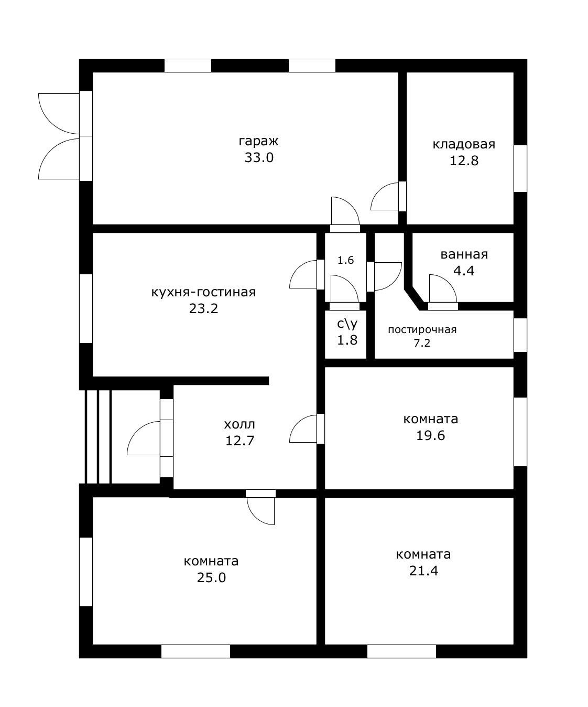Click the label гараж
pyautogui.click(x=258, y=141)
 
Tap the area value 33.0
pyautogui.click(x=259, y=158)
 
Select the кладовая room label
pyautogui.click(x=463, y=144)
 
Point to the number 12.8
pyautogui.click(x=464, y=161)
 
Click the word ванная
pyautogui.click(x=464, y=254)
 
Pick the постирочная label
pyautogui.click(x=422, y=329)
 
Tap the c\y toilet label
pyautogui.click(x=347, y=324)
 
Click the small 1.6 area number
pyautogui.click(x=346, y=260)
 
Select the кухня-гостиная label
pyautogui.click(x=203, y=292)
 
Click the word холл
pyautogui.click(x=239, y=424)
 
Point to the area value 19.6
pyautogui.click(x=430, y=435)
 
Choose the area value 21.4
pyautogui.click(x=423, y=571)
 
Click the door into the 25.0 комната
pyautogui.click(x=261, y=507)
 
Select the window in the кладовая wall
pyautogui.click(x=520, y=169)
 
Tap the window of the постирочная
pyautogui.click(x=520, y=335)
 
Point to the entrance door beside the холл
pyautogui.click(x=150, y=438)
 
